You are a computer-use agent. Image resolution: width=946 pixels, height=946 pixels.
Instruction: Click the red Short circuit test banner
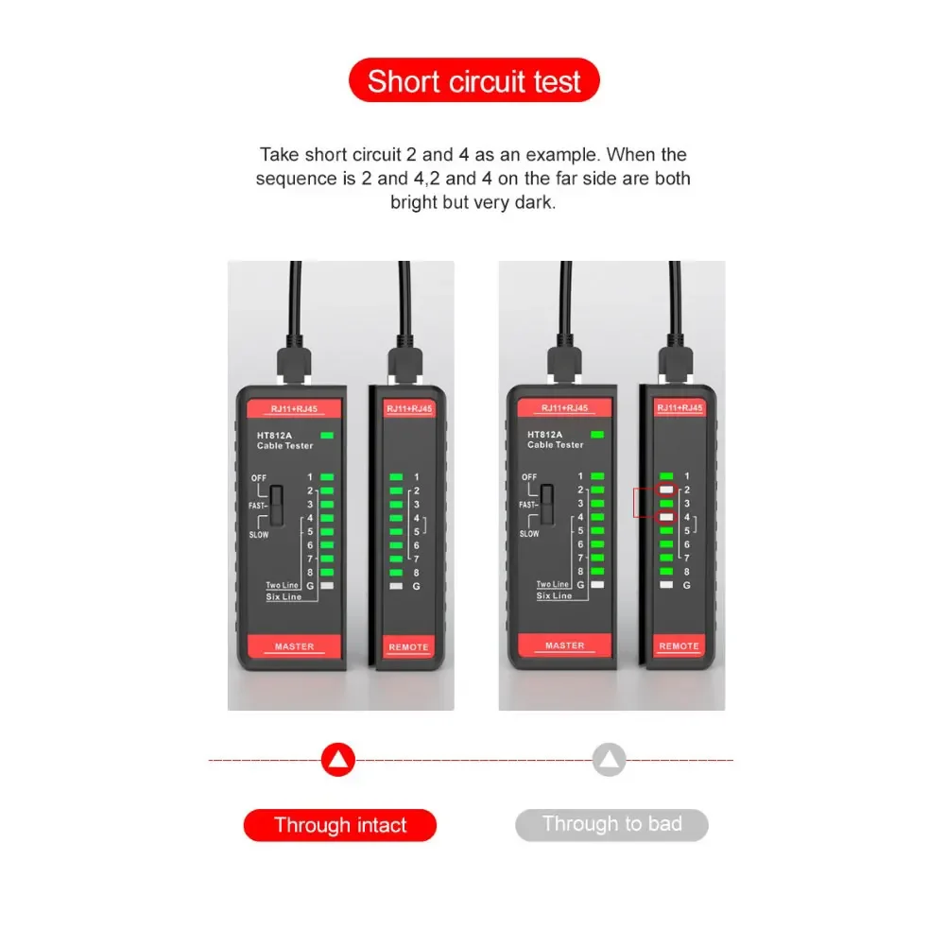[473, 80]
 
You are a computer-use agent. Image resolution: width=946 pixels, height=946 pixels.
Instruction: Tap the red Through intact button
[339, 825]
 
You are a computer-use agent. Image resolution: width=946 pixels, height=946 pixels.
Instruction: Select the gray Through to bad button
[611, 824]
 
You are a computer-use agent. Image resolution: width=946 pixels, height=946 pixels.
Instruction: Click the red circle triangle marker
[338, 759]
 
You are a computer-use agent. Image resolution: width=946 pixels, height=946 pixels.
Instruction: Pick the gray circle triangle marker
[609, 759]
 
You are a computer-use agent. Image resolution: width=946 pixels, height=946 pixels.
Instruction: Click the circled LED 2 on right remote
[666, 490]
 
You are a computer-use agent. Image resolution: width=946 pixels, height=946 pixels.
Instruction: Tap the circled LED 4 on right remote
[666, 517]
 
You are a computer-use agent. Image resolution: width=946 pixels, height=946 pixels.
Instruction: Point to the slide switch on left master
[276, 505]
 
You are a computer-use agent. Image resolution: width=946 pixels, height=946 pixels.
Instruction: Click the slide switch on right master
[547, 505]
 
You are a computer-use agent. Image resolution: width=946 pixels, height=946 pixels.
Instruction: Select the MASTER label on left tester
[295, 646]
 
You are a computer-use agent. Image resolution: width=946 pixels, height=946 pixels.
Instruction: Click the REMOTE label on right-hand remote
[679, 645]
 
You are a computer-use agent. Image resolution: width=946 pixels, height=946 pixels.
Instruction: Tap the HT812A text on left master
[274, 435]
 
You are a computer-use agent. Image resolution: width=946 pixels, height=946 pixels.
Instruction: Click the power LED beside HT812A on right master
[597, 435]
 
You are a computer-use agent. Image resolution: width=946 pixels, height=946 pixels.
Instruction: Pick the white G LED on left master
[327, 585]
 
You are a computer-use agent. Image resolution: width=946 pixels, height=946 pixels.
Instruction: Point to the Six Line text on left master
[284, 596]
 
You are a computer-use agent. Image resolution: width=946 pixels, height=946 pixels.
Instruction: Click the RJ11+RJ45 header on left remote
[409, 408]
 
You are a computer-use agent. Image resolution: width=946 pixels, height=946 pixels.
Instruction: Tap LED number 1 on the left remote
[396, 476]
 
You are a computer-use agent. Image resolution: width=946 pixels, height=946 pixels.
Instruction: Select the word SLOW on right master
[529, 533]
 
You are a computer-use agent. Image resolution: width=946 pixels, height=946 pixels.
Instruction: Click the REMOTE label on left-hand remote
[408, 646]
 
